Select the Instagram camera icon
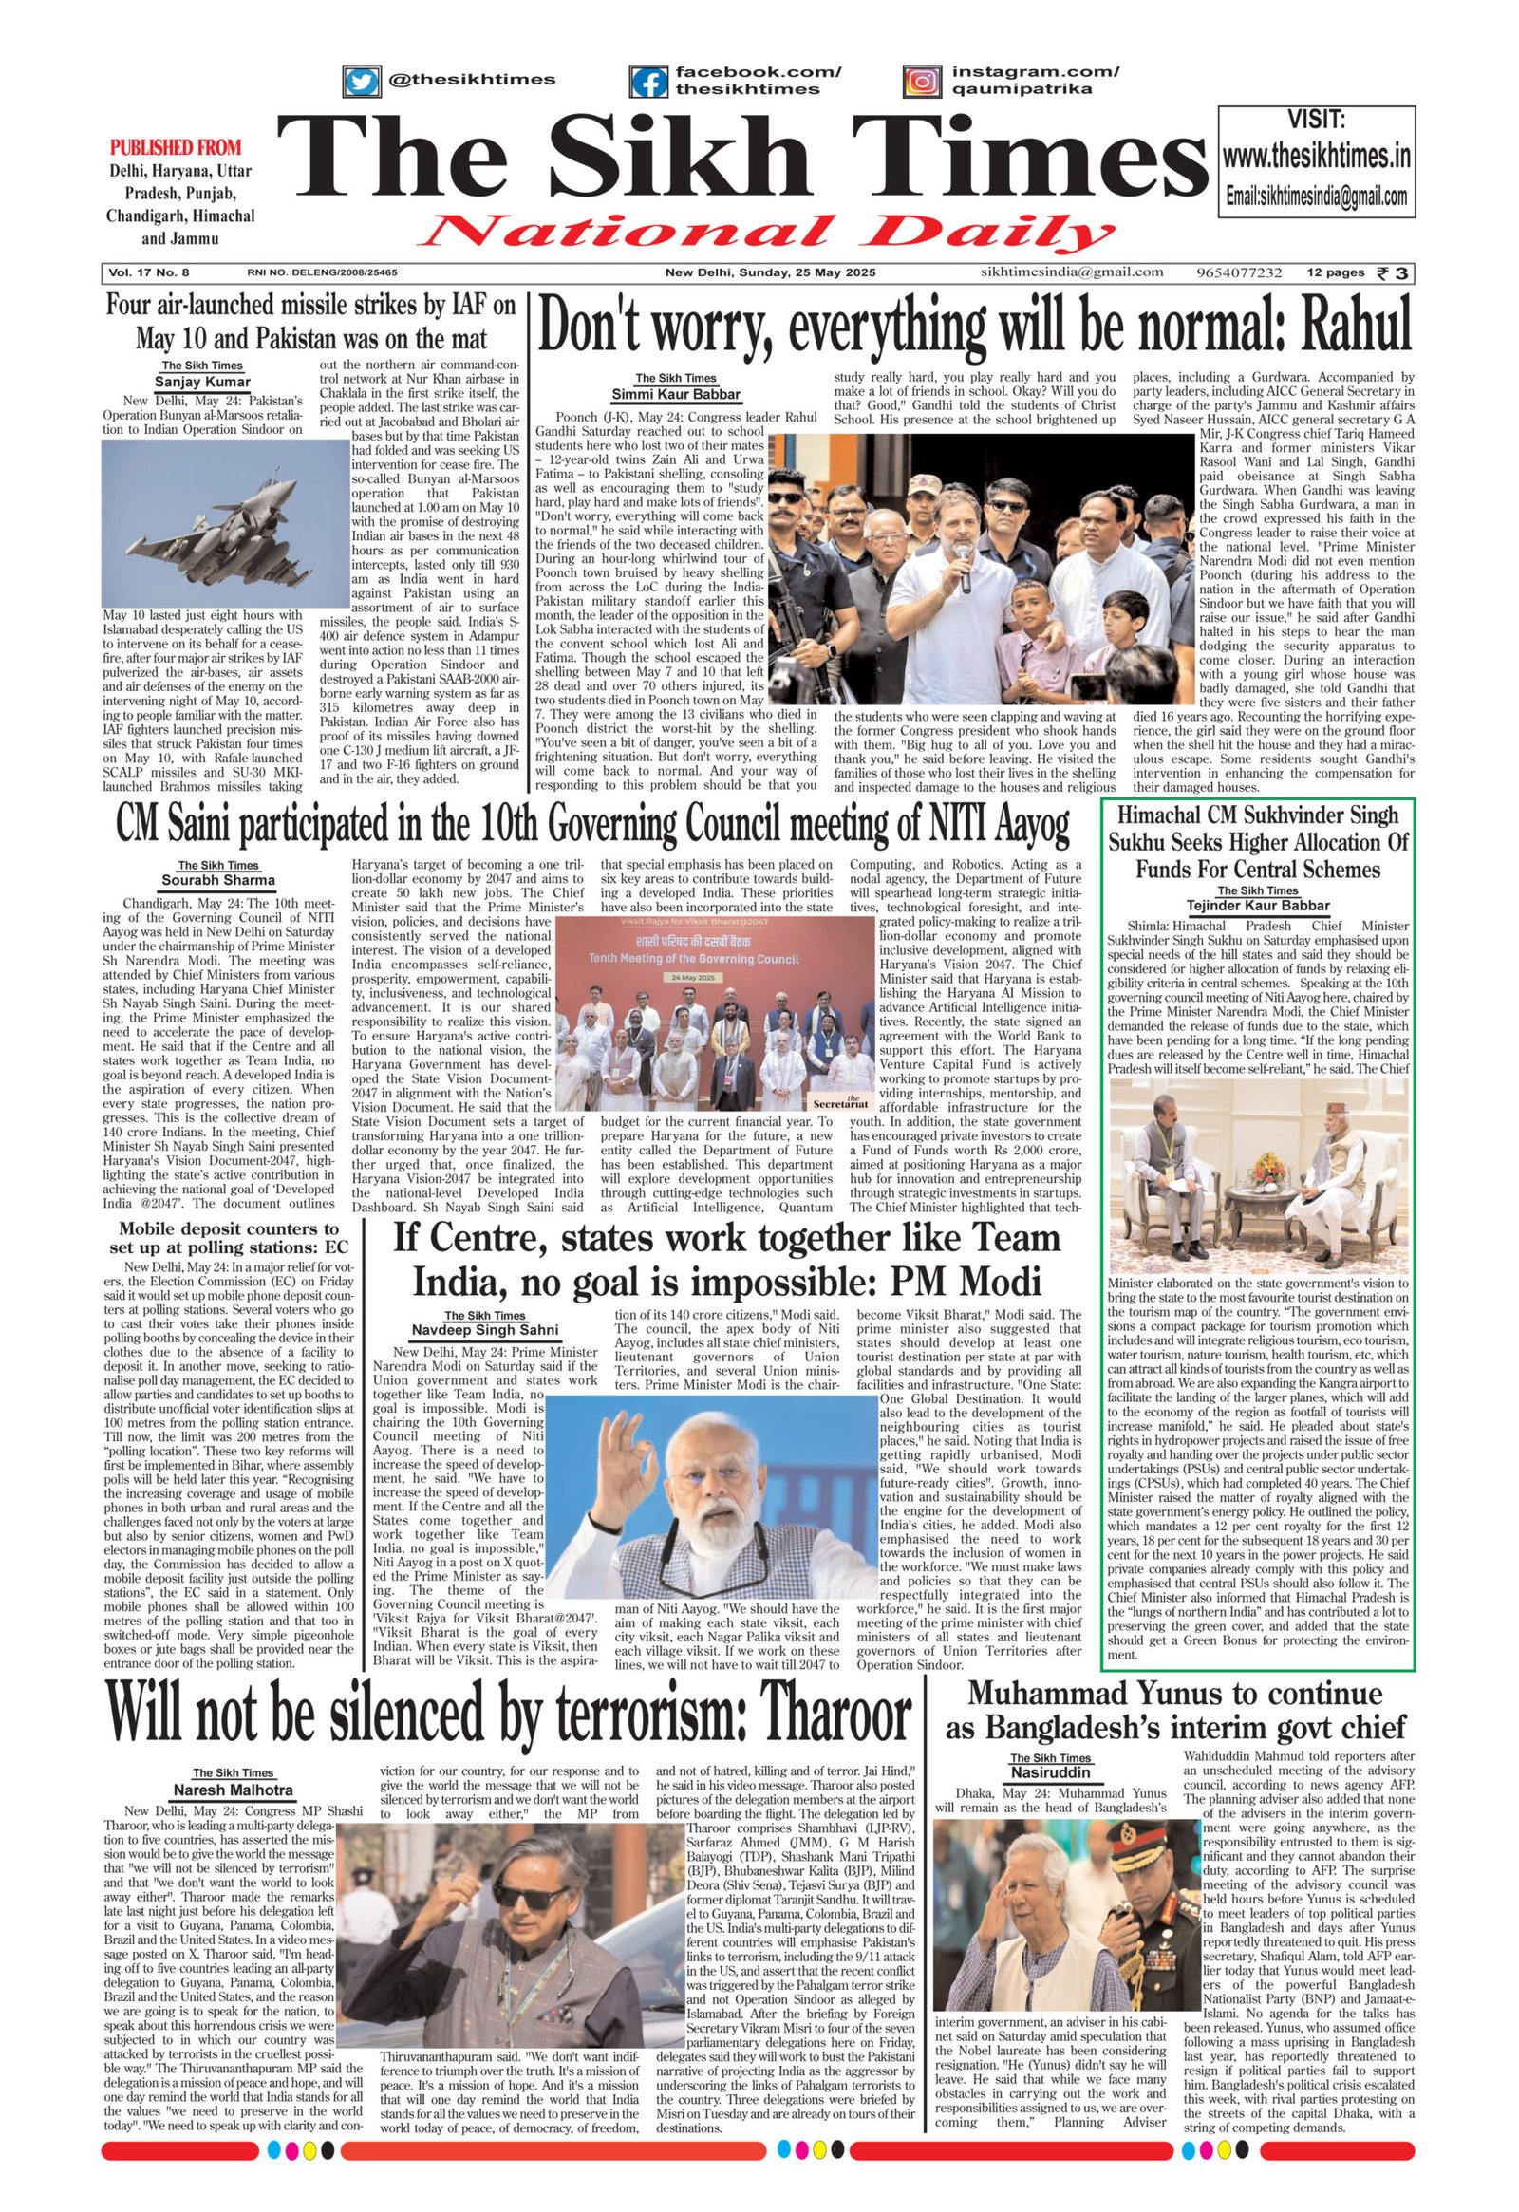(x=921, y=81)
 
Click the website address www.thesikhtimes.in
(x=1316, y=156)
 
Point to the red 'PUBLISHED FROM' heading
(x=175, y=147)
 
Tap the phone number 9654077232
(x=1239, y=272)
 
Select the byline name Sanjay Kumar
(x=202, y=382)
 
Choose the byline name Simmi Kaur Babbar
(x=676, y=394)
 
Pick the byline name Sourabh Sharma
(x=218, y=879)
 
